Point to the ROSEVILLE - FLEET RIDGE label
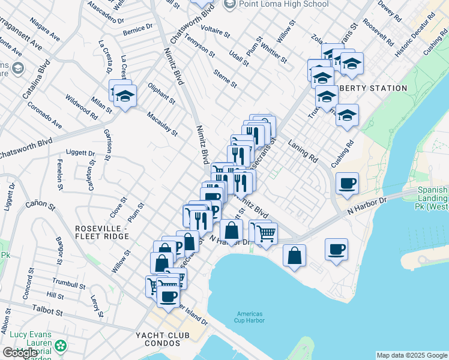[x=101, y=233]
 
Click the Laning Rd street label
[x=302, y=152]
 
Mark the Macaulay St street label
[x=166, y=124]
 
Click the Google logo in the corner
[x=20, y=353]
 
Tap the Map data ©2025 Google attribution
[x=412, y=355]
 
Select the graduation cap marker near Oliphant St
[x=125, y=96]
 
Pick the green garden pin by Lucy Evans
[x=60, y=346]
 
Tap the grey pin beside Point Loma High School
[x=229, y=5]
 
